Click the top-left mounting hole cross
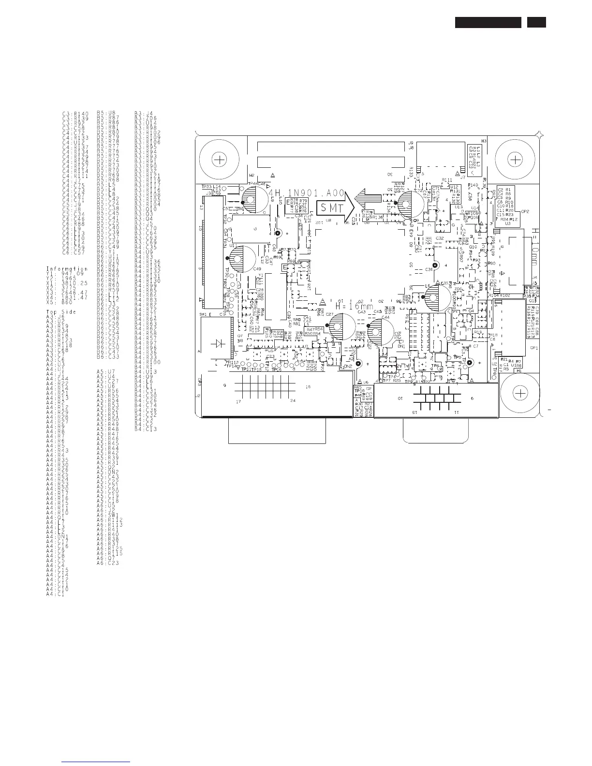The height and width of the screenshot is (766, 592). pyautogui.click(x=220, y=160)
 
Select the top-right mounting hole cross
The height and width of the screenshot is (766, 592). pyautogui.click(x=516, y=160)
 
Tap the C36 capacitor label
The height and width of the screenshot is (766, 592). pyautogui.click(x=429, y=269)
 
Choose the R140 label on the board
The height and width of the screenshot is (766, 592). pyautogui.click(x=473, y=185)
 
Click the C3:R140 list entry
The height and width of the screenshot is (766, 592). pyautogui.click(x=75, y=114)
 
